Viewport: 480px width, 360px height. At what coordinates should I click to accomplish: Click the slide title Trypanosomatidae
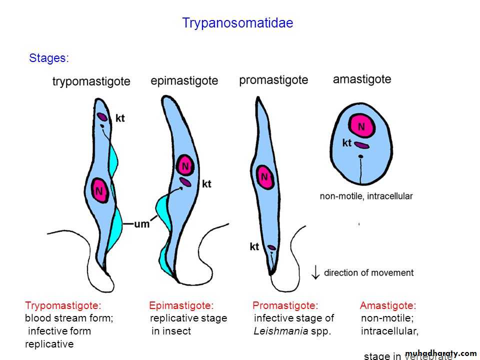point(237,23)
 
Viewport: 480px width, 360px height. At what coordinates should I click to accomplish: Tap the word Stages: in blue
point(49,58)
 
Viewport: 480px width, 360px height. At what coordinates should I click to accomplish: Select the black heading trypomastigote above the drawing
point(91,81)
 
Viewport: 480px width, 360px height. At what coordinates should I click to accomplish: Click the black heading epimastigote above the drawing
point(184,80)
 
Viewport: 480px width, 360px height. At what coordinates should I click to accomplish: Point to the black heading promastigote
point(273,80)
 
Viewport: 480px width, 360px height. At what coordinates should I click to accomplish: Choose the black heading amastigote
point(362,79)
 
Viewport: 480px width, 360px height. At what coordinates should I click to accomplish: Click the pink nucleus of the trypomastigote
point(100,190)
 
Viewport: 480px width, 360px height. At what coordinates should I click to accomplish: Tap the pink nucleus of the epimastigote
point(185,165)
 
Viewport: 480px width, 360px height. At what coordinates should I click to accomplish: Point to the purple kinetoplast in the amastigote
point(362,145)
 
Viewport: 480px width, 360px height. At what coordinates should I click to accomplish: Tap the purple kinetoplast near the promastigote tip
point(271,247)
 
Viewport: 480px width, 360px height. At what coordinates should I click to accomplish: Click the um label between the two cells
point(142,224)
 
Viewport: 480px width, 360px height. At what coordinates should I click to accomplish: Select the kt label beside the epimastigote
point(206,184)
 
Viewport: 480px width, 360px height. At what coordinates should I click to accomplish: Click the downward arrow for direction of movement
point(315,272)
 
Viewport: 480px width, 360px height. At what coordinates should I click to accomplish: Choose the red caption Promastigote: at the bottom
point(285,305)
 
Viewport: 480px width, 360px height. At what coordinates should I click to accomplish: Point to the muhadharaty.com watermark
point(440,353)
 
